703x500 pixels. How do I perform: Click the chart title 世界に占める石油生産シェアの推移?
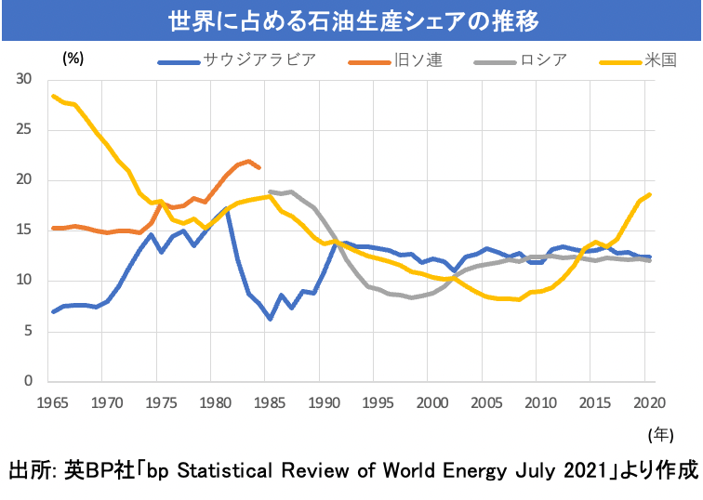351,20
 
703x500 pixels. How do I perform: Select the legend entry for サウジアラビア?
259,61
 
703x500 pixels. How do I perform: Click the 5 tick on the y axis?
30,331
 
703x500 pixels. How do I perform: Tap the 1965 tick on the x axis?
53,401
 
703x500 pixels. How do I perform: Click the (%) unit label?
73,58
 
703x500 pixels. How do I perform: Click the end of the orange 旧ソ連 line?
259,168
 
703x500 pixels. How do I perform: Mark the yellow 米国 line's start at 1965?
53,96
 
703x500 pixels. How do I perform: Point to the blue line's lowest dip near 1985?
270,319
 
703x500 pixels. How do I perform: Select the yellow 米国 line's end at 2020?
649,194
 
